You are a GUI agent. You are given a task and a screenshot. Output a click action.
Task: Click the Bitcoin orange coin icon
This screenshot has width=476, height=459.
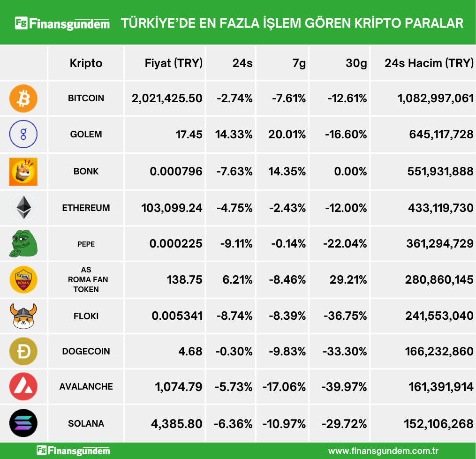[23, 98]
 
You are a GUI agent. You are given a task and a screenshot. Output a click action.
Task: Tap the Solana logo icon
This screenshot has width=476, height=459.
[23, 423]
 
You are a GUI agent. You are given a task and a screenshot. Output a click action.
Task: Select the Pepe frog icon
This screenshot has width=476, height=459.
[23, 244]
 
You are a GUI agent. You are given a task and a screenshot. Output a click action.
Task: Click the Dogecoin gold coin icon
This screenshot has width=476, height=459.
[23, 351]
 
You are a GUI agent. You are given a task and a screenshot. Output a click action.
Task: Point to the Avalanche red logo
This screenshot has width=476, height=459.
[23, 387]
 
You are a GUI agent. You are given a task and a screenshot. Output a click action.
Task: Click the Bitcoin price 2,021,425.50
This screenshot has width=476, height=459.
[167, 98]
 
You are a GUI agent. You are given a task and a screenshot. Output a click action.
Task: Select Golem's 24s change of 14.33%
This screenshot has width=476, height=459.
[234, 135]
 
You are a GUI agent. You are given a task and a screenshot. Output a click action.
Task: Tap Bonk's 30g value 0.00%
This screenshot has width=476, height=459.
[350, 171]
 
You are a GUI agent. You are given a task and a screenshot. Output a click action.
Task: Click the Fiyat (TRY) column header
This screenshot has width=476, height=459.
[174, 63]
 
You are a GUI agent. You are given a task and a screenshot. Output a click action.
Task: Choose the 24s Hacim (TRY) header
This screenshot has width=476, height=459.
[429, 63]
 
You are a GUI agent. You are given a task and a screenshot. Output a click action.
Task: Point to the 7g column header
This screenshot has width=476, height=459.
[299, 63]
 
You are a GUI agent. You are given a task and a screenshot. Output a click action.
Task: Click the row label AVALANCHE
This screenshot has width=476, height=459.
[86, 387]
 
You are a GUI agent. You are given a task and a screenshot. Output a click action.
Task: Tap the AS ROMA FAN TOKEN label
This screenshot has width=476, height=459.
[86, 279]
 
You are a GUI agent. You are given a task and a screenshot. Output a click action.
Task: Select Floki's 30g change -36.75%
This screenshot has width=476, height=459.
[345, 316]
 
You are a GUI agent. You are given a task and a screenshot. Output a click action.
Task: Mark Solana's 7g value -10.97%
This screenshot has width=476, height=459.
[284, 424]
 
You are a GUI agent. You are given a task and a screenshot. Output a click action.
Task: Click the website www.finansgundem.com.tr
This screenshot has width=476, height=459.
[383, 451]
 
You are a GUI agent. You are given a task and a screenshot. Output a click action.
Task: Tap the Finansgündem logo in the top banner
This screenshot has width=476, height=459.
[62, 23]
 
